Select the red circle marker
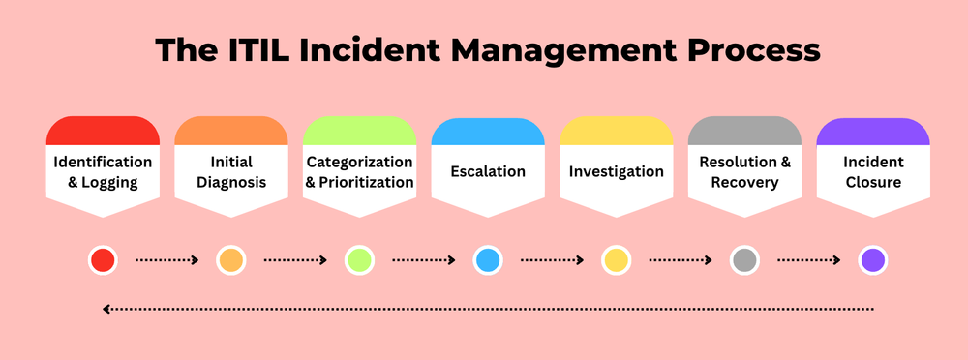coord(103,259)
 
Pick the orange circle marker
coord(231,259)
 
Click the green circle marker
coord(359,259)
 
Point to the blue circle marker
coord(488,259)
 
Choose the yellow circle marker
coord(617,259)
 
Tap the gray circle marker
coord(744,259)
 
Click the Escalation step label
coord(488,172)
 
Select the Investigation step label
coord(617,172)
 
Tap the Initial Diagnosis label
coord(231,172)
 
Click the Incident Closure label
coord(873,172)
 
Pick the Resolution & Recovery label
coord(744,172)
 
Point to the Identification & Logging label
coord(103,172)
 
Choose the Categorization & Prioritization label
coord(359,172)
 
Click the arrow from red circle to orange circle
coord(166,259)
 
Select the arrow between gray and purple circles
coord(808,259)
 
